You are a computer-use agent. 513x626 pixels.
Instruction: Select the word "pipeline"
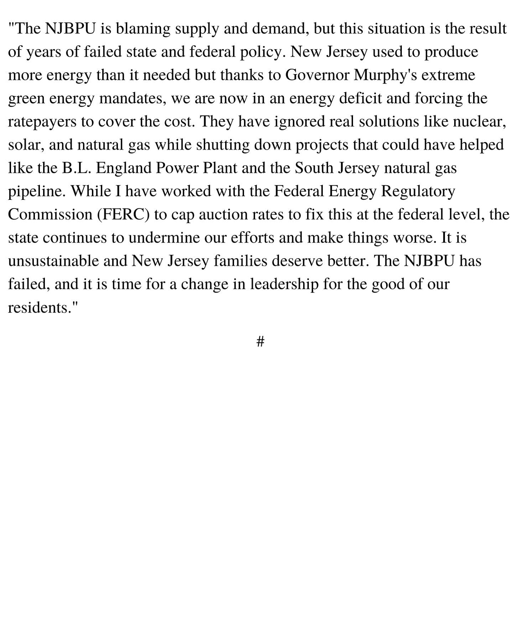pyautogui.click(x=36, y=192)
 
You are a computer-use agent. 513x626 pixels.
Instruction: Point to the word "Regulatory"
pyautogui.click(x=418, y=192)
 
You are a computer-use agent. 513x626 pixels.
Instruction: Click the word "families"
pyautogui.click(x=240, y=261)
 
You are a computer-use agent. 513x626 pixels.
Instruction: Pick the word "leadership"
pyautogui.click(x=284, y=284)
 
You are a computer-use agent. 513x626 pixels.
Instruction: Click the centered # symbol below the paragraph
pyautogui.click(x=260, y=342)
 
